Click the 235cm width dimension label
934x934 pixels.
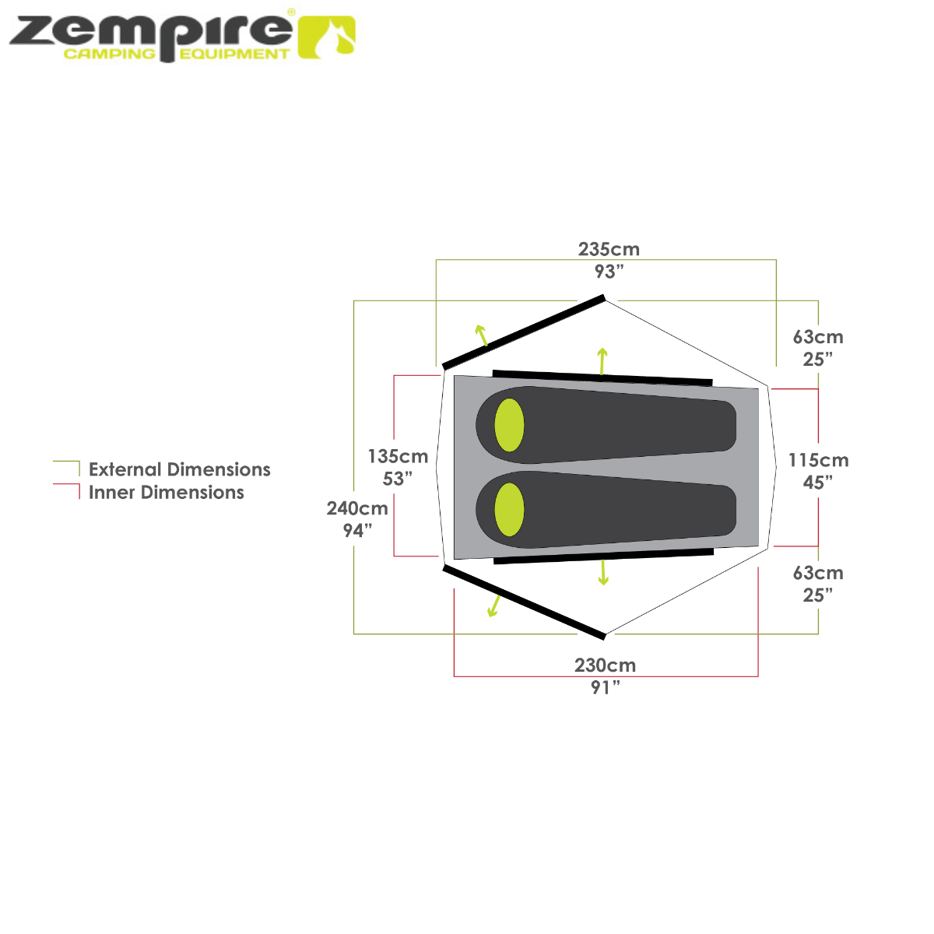609,250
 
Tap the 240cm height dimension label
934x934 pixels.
357,509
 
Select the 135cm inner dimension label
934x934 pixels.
398,456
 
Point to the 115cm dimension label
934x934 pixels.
817,461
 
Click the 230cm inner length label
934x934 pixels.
605,666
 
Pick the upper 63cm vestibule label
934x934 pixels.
817,338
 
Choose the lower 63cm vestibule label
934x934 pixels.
817,574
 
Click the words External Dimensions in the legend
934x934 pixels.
180,470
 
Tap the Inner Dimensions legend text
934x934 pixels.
167,493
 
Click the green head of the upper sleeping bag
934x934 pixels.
510,425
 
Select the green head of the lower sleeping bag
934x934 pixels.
510,510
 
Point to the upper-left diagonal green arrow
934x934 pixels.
482,334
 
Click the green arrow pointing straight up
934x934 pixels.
602,360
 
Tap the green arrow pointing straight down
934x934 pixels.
603,572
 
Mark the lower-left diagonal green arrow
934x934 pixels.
493,605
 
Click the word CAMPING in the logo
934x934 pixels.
108,54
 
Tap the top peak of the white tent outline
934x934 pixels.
606,302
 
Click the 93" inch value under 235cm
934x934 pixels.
609,272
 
